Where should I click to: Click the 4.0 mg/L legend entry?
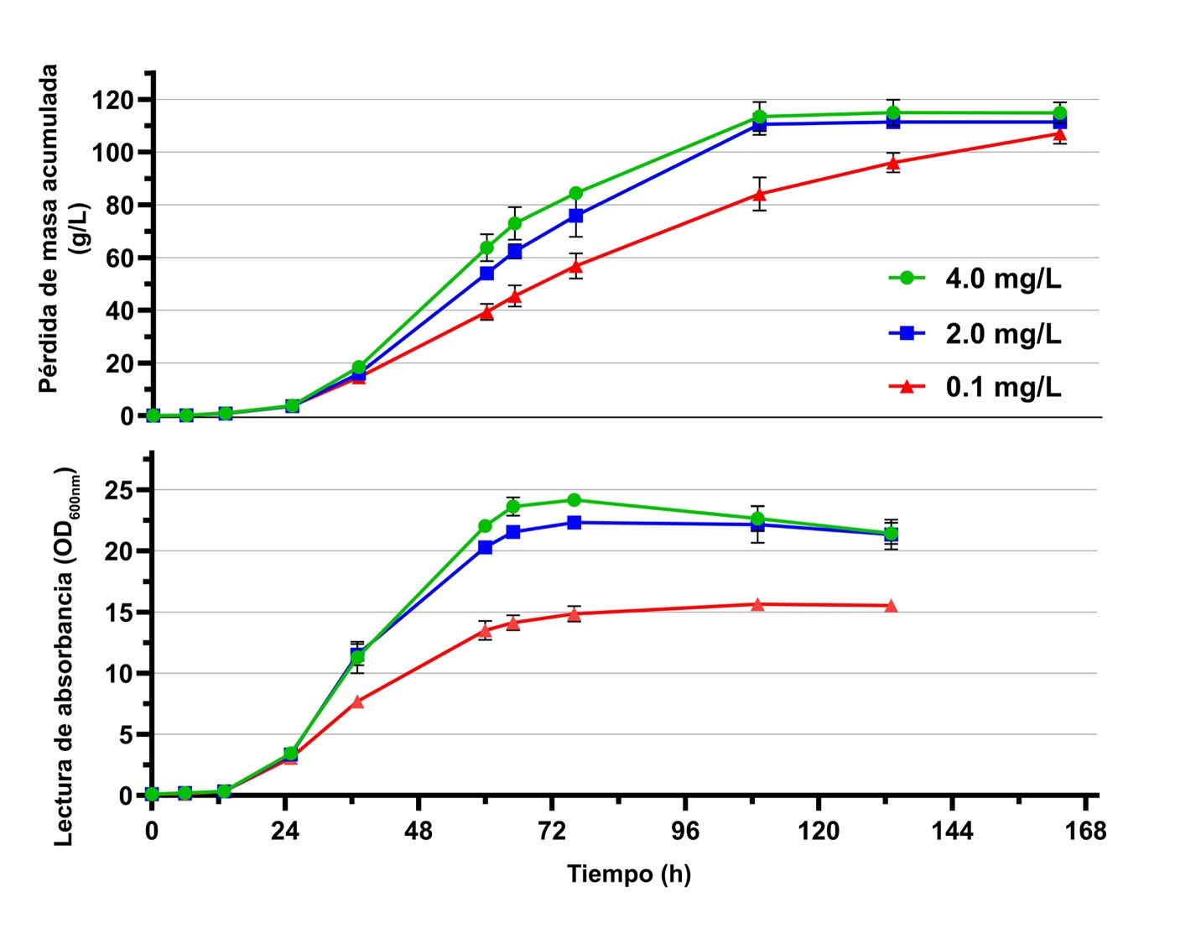[1002, 279]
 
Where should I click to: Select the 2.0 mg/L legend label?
[1003, 334]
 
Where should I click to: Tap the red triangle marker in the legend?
[907, 387]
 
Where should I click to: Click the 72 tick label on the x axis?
[551, 831]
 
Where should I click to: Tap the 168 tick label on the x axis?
[1086, 831]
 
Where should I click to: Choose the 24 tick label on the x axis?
[285, 831]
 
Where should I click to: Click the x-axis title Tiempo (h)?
[629, 874]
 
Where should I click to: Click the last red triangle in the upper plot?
[1059, 134]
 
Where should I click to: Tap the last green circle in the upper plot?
[1059, 113]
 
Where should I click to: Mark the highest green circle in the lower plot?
[574, 500]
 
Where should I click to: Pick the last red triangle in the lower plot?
[891, 606]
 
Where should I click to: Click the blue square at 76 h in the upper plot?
[575, 216]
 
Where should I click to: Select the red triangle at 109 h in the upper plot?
[759, 195]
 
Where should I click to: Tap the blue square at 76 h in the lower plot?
[574, 523]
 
